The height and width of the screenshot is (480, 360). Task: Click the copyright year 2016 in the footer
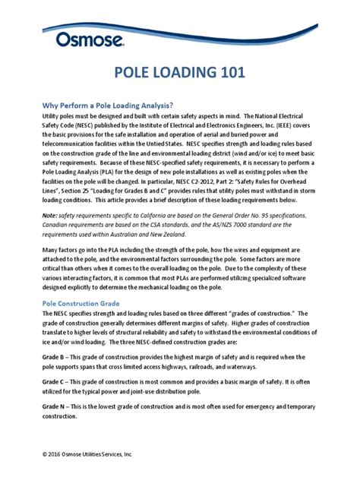(58, 453)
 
